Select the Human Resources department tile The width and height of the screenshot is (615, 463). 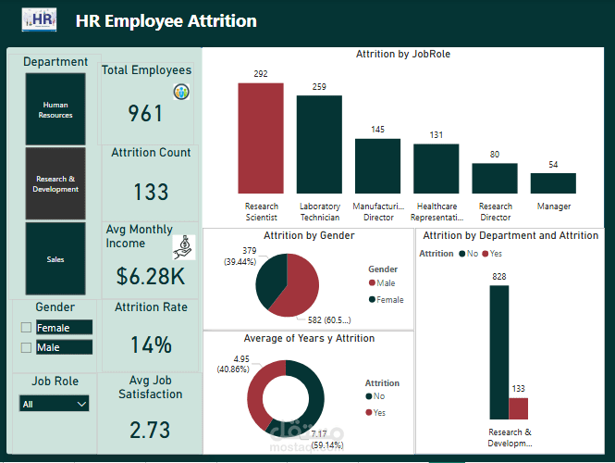[55, 109]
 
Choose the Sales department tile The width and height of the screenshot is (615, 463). [55, 259]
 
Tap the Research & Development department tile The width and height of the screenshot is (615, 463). [55, 183]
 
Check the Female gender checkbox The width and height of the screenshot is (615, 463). [26, 328]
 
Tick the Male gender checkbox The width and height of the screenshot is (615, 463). [26, 348]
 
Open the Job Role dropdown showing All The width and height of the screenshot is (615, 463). [55, 404]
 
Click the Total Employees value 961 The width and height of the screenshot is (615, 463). [146, 113]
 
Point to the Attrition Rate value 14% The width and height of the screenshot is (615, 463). [151, 345]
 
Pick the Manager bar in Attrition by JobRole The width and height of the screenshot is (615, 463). [553, 182]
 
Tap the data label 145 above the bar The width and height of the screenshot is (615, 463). [377, 130]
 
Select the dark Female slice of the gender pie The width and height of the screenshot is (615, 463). [271, 278]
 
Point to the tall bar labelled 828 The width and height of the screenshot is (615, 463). [498, 352]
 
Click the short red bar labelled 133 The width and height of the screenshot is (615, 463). [519, 408]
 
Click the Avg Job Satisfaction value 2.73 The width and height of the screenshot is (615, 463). [150, 431]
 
